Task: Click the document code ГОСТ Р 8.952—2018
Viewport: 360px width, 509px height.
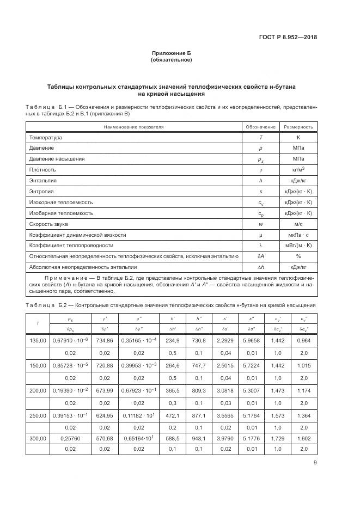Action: coord(288,38)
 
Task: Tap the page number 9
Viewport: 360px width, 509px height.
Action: coord(315,463)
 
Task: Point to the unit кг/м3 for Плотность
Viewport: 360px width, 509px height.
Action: coord(298,170)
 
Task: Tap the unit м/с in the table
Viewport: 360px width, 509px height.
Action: coord(298,223)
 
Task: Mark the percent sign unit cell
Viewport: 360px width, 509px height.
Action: coord(298,255)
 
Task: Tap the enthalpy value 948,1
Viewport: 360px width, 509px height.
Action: coord(196,438)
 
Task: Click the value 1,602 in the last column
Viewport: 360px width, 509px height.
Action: coord(303,438)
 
